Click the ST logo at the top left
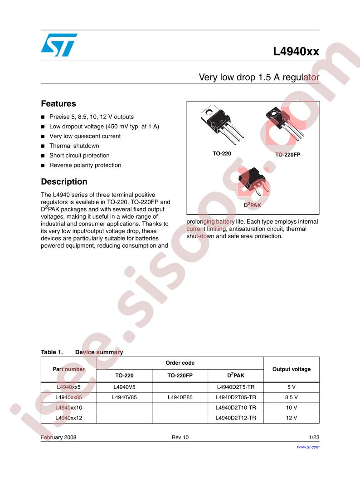59,45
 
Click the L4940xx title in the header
296,52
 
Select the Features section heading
58,104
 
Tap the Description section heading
64,182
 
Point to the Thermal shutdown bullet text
74,146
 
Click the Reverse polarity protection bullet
85,165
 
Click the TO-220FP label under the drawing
287,154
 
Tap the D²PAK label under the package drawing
253,205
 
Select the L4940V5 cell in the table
124,387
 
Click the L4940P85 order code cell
180,397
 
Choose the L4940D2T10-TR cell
236,407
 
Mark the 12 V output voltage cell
291,417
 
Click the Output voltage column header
291,369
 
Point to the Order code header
180,363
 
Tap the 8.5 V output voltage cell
291,397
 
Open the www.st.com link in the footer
308,447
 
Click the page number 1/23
314,437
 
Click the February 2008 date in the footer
58,437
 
